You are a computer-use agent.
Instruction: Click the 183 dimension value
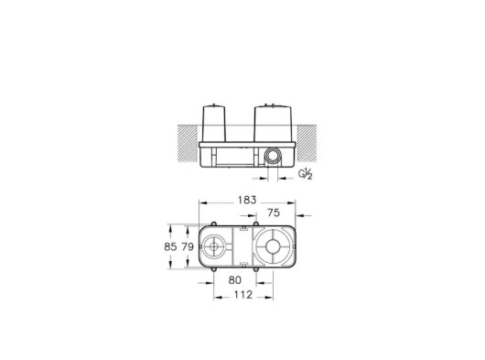coord(247,200)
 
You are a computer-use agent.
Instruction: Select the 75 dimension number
coord(274,213)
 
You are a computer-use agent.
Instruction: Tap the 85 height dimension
coord(170,246)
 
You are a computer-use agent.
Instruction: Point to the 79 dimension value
coord(188,246)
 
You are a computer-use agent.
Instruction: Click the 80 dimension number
coord(235,280)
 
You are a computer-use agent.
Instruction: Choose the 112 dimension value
coord(243,295)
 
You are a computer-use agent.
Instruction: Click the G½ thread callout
coord(306,174)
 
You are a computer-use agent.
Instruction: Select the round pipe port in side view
coord(273,155)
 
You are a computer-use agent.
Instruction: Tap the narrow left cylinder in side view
coord(214,124)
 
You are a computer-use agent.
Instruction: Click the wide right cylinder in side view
coord(273,124)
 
